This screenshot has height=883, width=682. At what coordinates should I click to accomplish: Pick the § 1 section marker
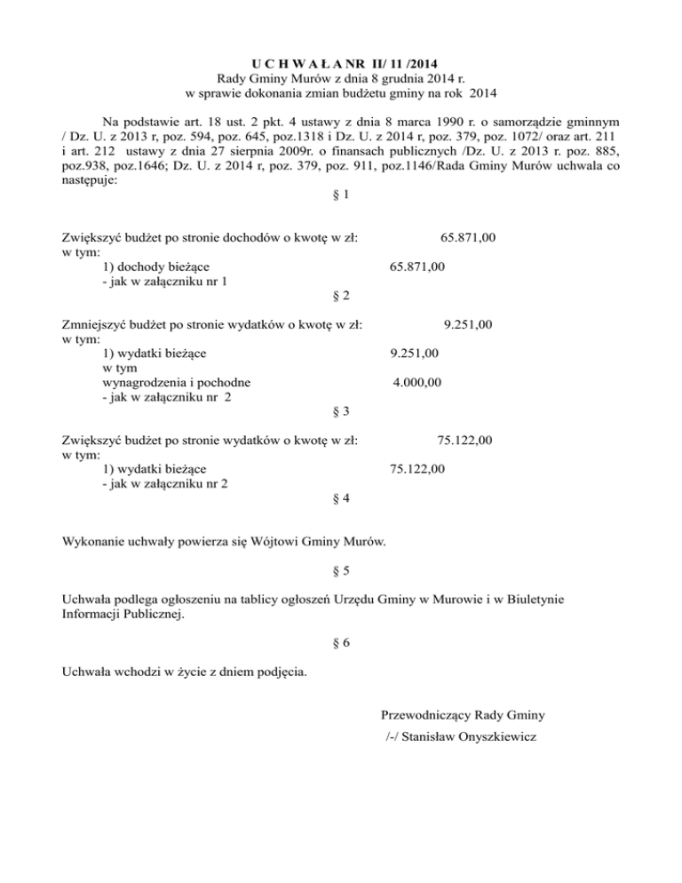coord(341,194)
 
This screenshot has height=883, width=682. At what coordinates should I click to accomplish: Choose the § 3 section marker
coord(341,411)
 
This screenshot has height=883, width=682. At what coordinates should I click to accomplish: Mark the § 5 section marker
coord(341,570)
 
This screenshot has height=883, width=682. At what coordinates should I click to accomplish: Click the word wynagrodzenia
coord(147,383)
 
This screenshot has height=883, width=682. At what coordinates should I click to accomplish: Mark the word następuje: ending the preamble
coord(91,178)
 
